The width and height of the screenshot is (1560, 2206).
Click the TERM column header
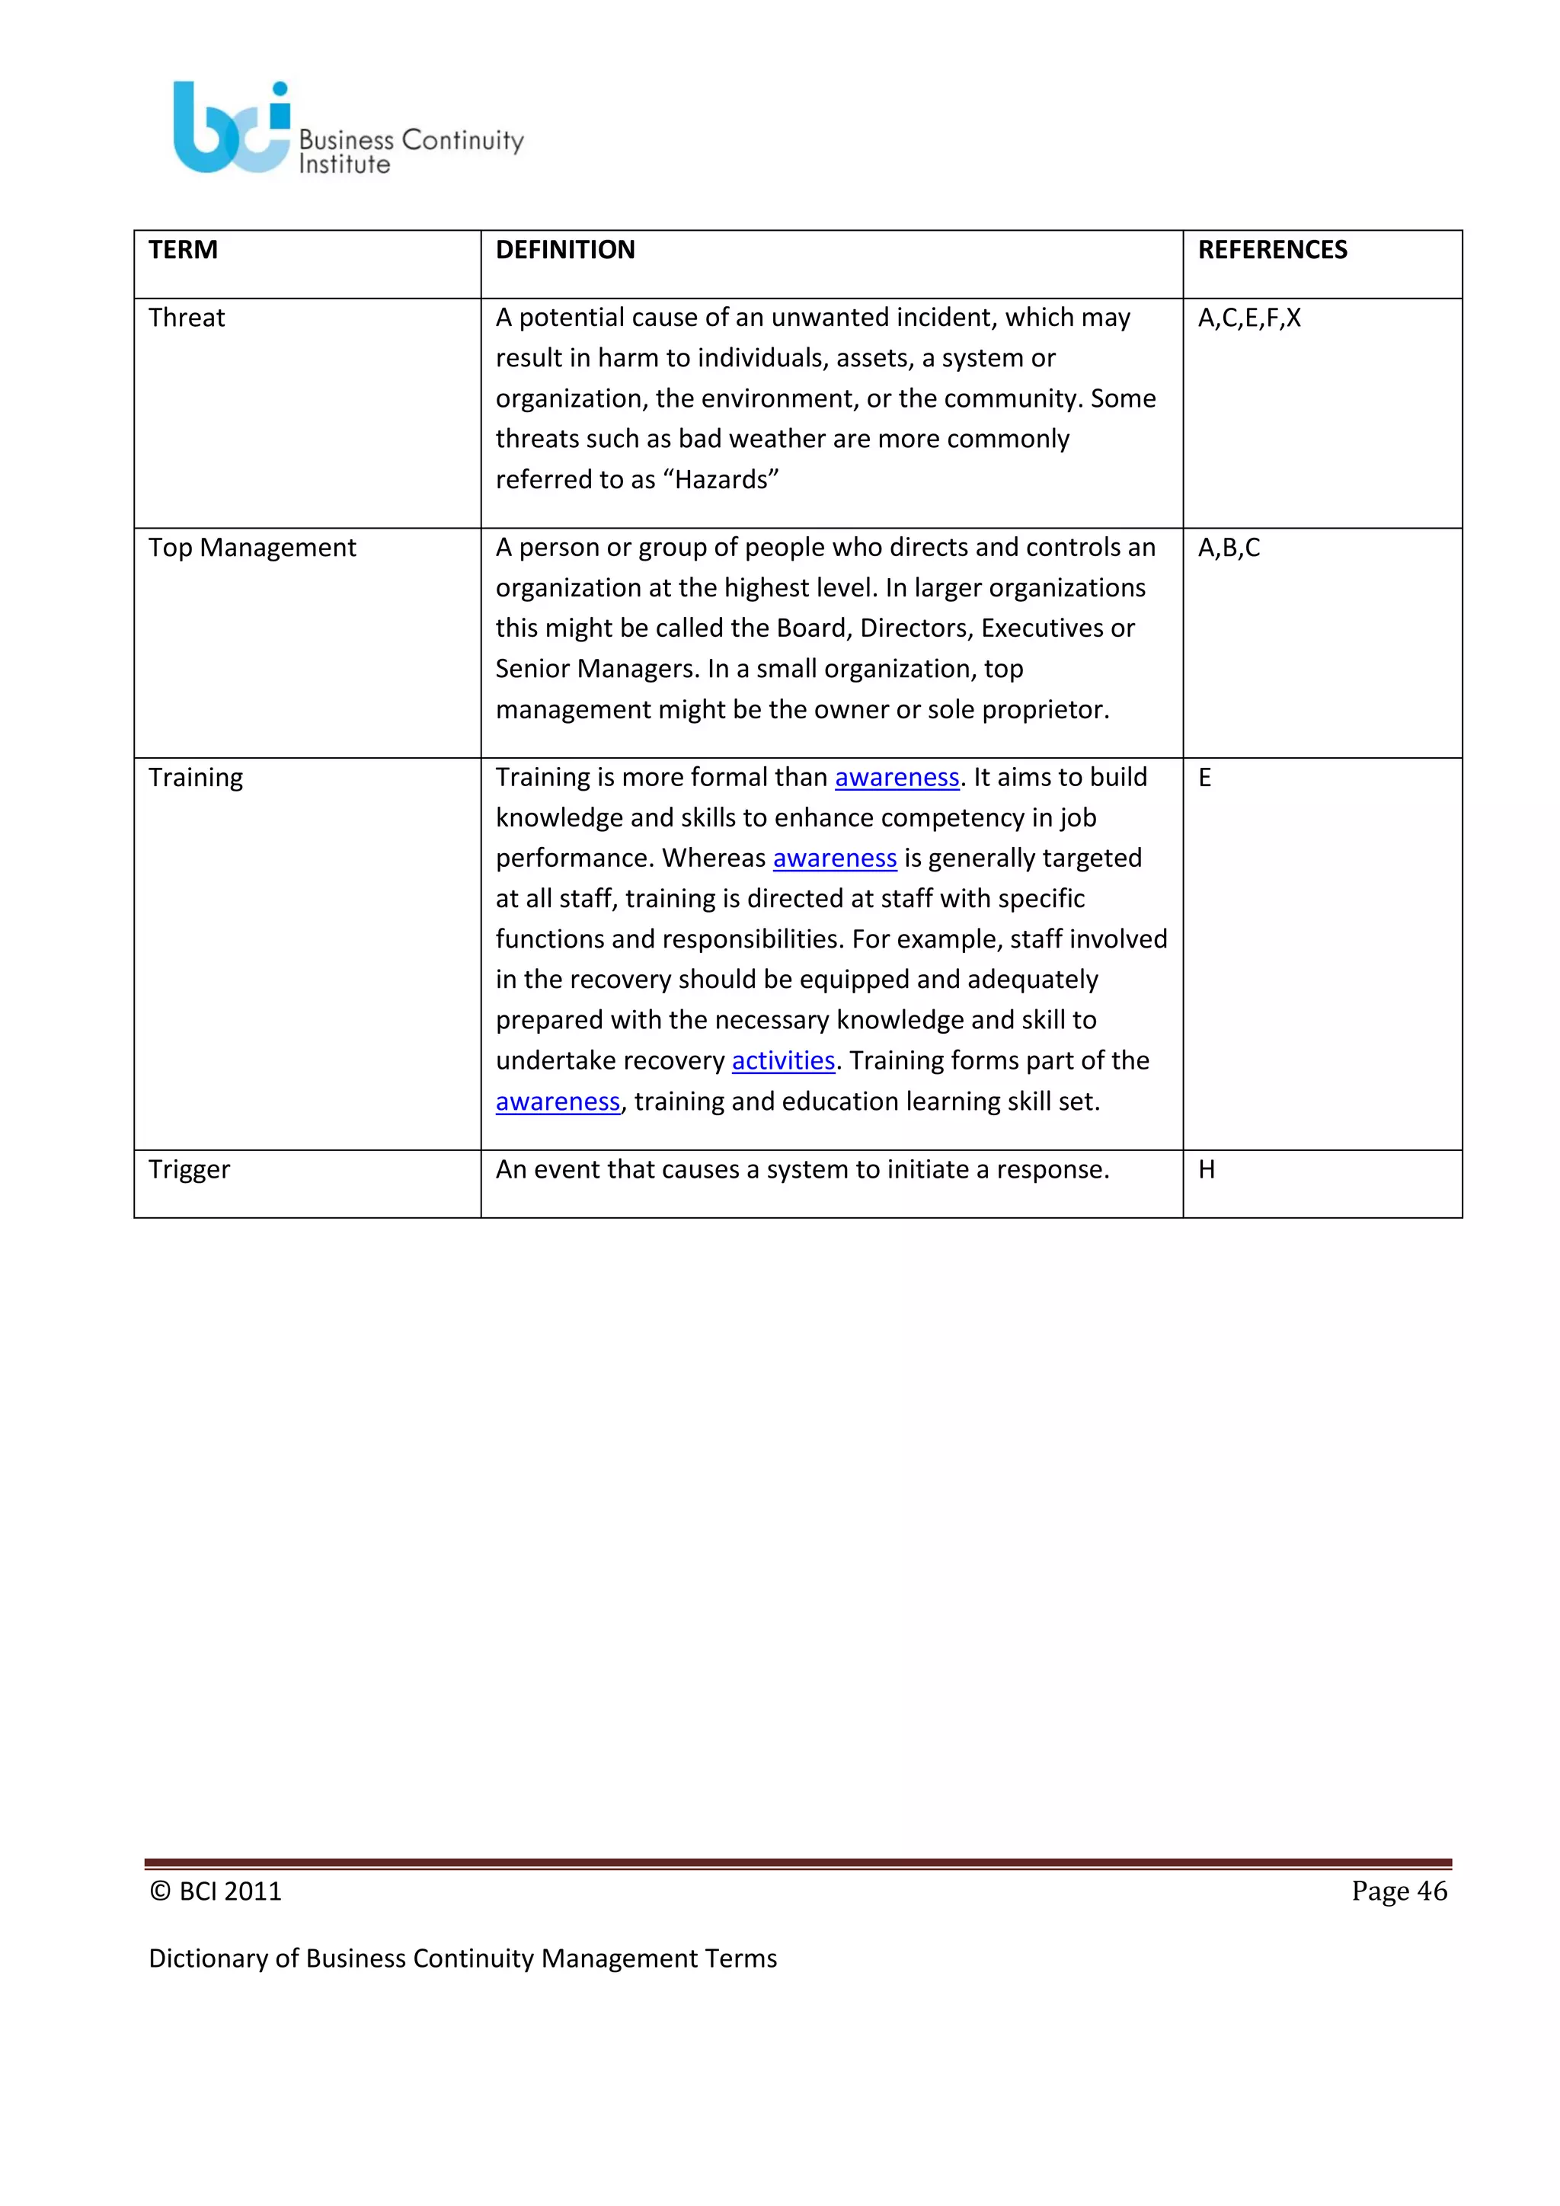coord(183,250)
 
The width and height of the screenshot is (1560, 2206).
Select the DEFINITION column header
coord(565,250)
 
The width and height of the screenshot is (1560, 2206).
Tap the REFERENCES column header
coord(1272,250)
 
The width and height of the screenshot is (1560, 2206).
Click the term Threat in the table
coord(187,318)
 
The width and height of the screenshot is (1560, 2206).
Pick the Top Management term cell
coord(251,548)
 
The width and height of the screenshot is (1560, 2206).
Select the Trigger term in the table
coord(189,1169)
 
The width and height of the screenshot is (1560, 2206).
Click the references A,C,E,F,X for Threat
coord(1248,318)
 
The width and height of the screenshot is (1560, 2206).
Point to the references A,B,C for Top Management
coord(1229,548)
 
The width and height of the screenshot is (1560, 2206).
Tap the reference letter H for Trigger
coord(1207,1169)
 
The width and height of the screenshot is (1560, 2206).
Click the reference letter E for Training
coord(1204,777)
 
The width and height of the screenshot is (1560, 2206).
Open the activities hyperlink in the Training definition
coord(783,1061)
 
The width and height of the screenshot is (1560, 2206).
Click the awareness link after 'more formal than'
coord(897,777)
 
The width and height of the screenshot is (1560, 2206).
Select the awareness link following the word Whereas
coord(834,858)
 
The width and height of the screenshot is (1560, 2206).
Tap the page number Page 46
coord(1399,1891)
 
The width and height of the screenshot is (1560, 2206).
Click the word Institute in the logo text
coord(344,165)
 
